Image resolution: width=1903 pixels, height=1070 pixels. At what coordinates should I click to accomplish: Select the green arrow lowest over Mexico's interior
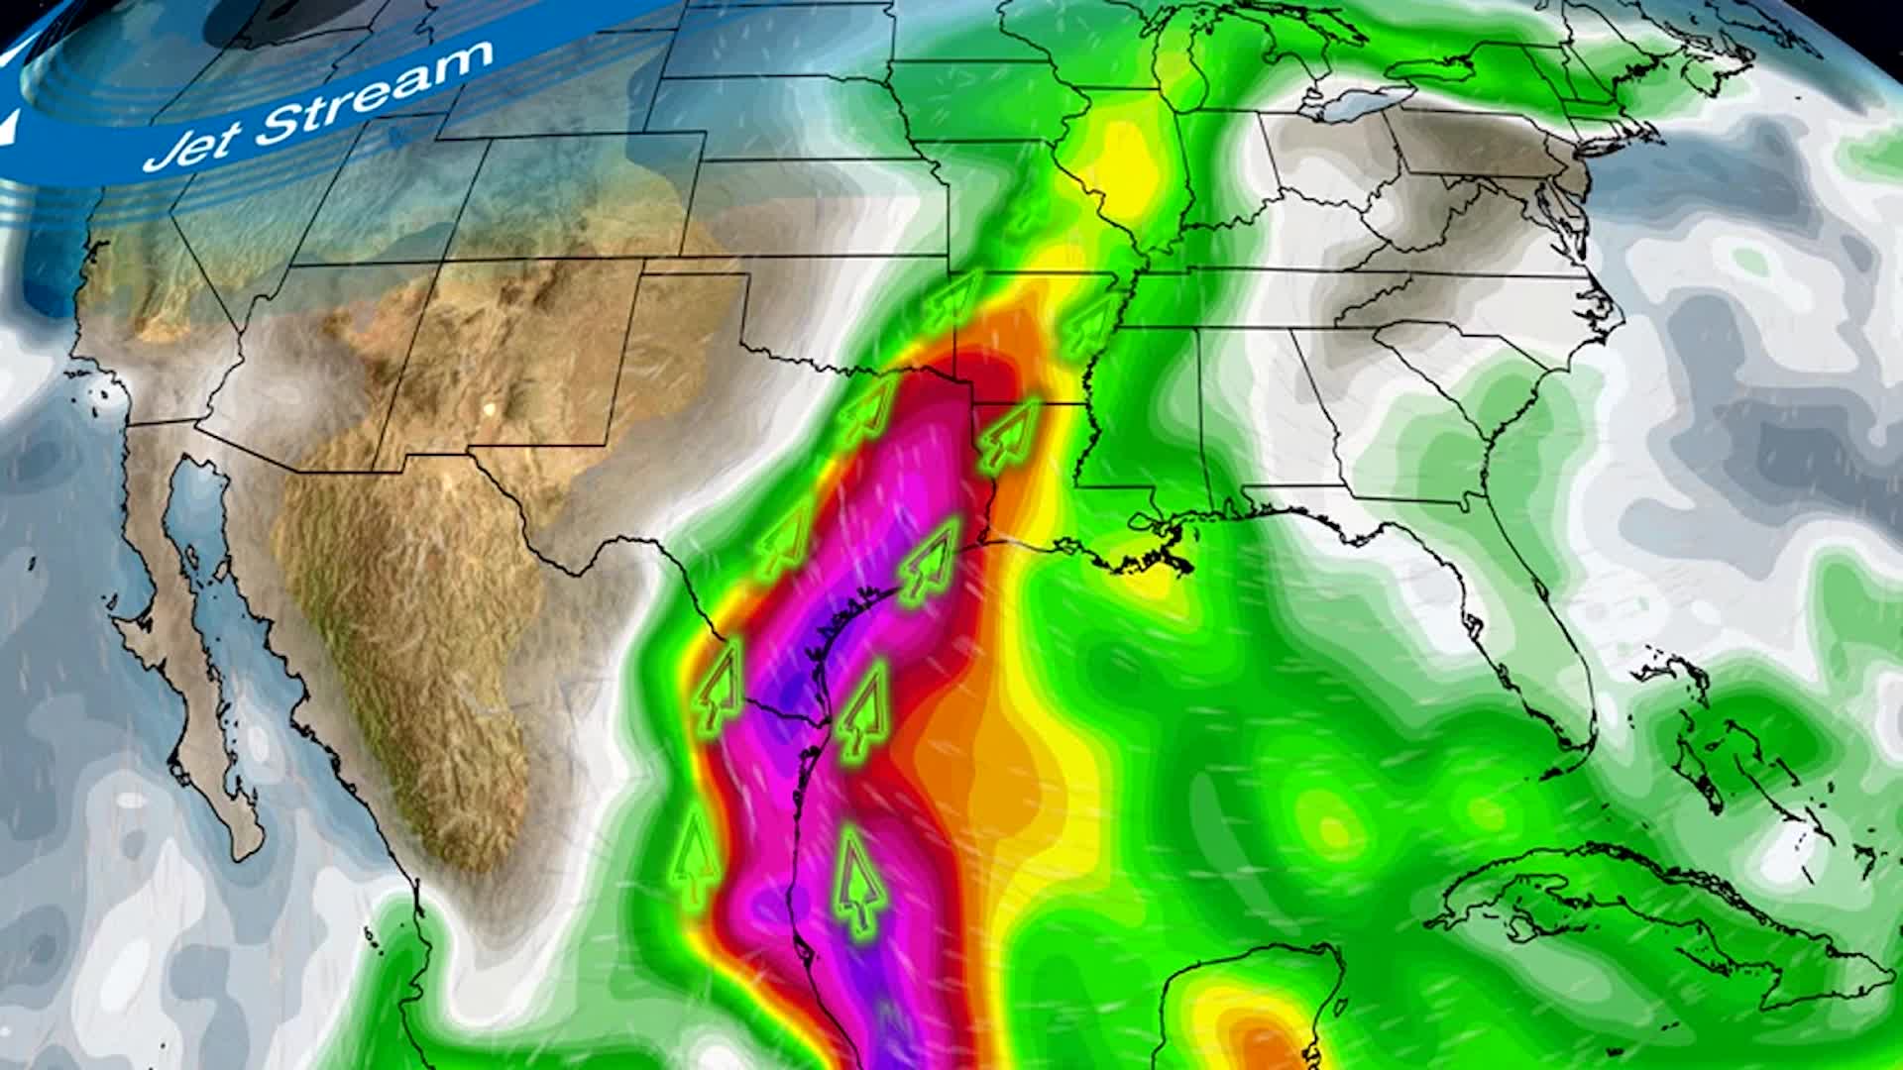pos(698,858)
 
